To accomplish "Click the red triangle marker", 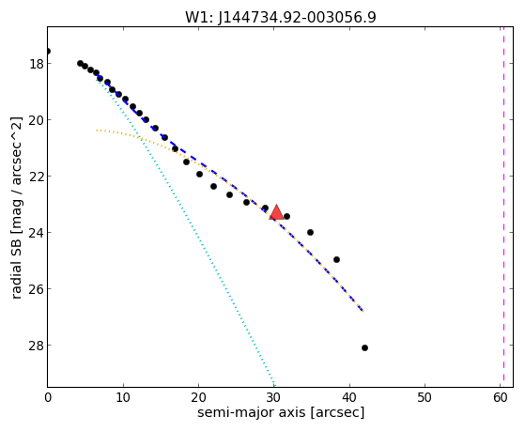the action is pyautogui.click(x=276, y=212).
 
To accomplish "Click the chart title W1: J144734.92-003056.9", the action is pyautogui.click(x=281, y=18).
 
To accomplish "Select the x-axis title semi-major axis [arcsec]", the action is pyautogui.click(x=281, y=412).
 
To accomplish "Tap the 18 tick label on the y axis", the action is pyautogui.click(x=37, y=64).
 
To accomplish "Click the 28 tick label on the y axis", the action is pyautogui.click(x=37, y=346).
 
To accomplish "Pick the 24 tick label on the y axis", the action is pyautogui.click(x=37, y=233).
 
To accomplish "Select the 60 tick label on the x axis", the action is pyautogui.click(x=500, y=397).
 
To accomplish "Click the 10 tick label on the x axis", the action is pyautogui.click(x=123, y=397).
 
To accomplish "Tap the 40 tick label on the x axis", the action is pyautogui.click(x=349, y=397).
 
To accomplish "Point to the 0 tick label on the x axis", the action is pyautogui.click(x=48, y=397).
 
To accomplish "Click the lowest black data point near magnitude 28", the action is pyautogui.click(x=364, y=348).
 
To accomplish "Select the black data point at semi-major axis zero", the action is pyautogui.click(x=48, y=52).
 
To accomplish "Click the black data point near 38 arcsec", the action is pyautogui.click(x=336, y=259).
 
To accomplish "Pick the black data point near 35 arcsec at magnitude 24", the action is pyautogui.click(x=310, y=233).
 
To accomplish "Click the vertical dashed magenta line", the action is pyautogui.click(x=503, y=207).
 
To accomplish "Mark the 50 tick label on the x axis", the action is pyautogui.click(x=425, y=397).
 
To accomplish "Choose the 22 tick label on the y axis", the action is pyautogui.click(x=37, y=177).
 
